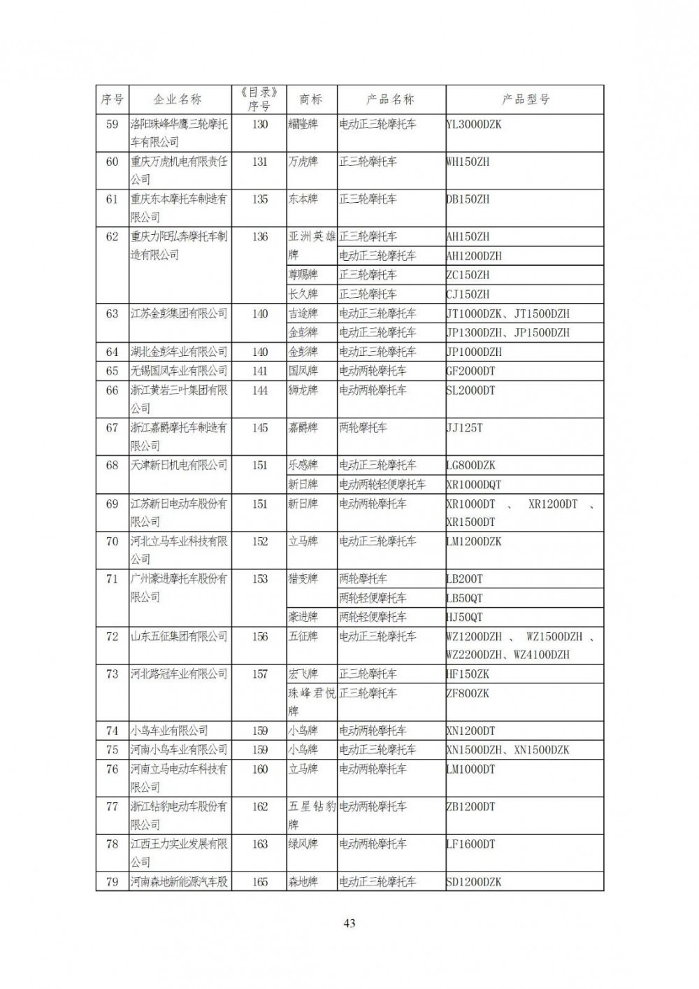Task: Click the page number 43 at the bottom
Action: pyautogui.click(x=349, y=923)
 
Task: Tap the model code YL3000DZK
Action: pyautogui.click(x=474, y=124)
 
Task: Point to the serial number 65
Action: pyautogui.click(x=112, y=371)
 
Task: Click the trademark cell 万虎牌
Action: pyautogui.click(x=303, y=162)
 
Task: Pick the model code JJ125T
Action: pyautogui.click(x=464, y=427)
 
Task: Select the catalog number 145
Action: pyautogui.click(x=259, y=427)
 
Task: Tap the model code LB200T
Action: pyautogui.click(x=464, y=579)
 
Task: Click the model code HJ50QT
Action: pyautogui.click(x=464, y=617)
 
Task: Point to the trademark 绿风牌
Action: pyautogui.click(x=303, y=844)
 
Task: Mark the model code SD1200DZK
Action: pyautogui.click(x=474, y=882)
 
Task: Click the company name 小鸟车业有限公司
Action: pyautogui.click(x=169, y=731)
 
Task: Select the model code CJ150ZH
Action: pyautogui.click(x=468, y=294)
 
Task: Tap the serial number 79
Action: pyautogui.click(x=112, y=882)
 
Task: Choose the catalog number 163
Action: pyautogui.click(x=259, y=844)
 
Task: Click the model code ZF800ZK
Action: pyautogui.click(x=468, y=693)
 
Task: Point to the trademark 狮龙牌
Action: pyautogui.click(x=303, y=390)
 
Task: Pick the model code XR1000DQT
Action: pyautogui.click(x=474, y=484)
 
